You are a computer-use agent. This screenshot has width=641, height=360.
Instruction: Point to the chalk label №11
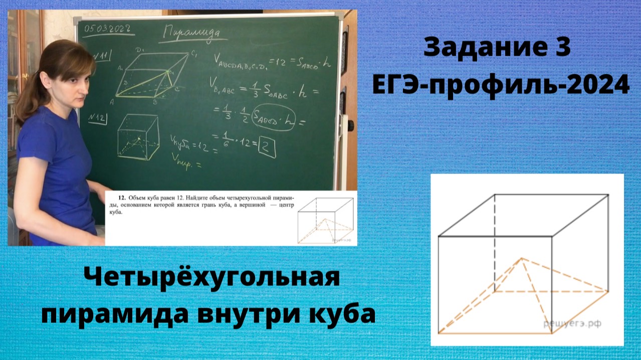[104, 54]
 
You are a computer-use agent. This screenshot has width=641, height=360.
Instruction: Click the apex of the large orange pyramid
[522, 258]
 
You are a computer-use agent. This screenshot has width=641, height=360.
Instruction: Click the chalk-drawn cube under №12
[137, 136]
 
